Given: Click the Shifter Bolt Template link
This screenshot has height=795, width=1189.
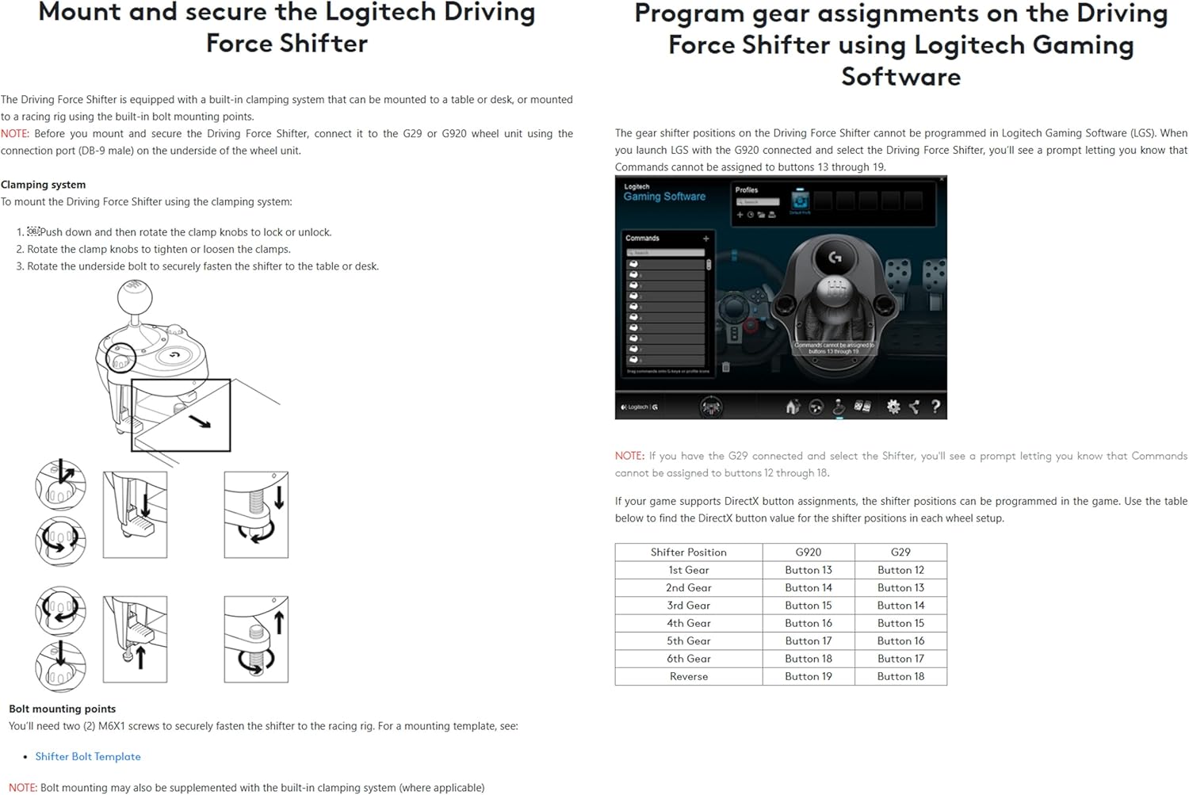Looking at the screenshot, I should pos(88,757).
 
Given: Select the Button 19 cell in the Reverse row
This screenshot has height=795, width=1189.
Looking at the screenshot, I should pos(808,677).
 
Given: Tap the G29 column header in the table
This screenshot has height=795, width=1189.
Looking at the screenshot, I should pos(900,552).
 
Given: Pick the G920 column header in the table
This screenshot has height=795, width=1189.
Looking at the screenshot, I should pos(808,552).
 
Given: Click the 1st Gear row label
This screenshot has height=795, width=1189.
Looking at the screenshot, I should pos(688,570).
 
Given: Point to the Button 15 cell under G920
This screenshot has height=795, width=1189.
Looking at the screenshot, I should pos(808,606).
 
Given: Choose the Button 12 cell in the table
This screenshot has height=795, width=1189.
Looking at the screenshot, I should pos(900,570).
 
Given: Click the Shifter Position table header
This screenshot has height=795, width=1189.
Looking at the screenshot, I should pos(688,552).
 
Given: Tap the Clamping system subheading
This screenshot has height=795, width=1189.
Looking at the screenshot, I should pos(44,185).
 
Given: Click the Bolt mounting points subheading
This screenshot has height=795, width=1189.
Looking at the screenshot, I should pos(62,709).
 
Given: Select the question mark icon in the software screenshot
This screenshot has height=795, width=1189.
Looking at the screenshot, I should pos(935,407).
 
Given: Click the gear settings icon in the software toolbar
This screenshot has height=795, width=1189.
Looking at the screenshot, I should pos(893,407).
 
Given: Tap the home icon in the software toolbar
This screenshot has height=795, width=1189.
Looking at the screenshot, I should pos(792,407).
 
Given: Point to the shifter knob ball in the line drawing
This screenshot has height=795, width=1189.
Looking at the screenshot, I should pos(135,298).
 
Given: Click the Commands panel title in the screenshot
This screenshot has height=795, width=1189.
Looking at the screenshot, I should pos(642,238).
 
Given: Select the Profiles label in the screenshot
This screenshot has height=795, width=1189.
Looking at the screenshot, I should pos(747,190).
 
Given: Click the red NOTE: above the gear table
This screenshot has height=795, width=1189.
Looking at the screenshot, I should pos(629,456).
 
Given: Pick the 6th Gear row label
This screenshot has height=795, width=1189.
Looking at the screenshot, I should pos(688,659).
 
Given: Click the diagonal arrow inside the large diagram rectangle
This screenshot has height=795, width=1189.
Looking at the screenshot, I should pos(200,421).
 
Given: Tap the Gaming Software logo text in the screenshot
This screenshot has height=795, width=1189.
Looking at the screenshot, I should pos(664,197).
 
